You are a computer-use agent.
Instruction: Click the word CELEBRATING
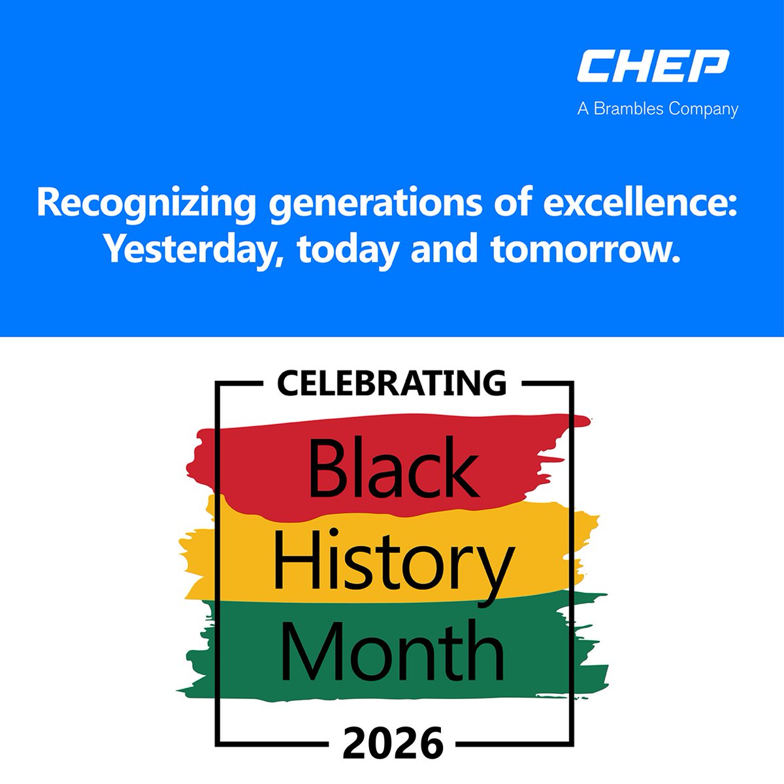[x=392, y=384]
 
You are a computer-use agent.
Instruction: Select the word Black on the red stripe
[x=393, y=467]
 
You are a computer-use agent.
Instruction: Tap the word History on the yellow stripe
[x=393, y=561]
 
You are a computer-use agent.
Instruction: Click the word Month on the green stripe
[x=393, y=651]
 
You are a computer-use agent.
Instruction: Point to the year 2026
[x=393, y=743]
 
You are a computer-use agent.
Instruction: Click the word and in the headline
[x=444, y=248]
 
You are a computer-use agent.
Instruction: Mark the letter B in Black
[x=325, y=468]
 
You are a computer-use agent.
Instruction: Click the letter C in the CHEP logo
[x=595, y=67]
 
